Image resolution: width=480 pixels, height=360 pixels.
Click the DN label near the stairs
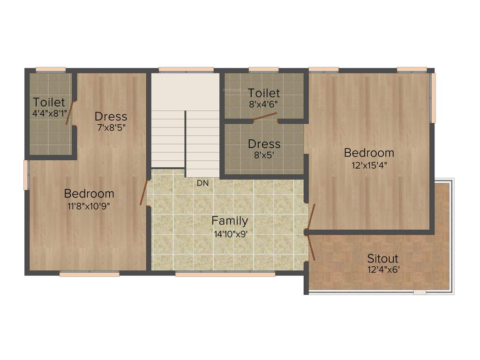click(202, 183)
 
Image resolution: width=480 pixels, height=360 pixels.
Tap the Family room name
click(230, 221)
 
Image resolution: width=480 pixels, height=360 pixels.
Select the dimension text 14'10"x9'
click(230, 234)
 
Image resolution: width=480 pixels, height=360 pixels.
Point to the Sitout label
click(382, 258)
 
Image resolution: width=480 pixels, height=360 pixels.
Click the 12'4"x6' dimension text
click(383, 270)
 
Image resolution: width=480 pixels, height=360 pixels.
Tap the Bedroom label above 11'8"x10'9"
click(89, 193)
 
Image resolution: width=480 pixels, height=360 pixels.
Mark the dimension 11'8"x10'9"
click(89, 205)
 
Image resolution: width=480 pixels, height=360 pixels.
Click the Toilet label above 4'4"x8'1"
click(49, 102)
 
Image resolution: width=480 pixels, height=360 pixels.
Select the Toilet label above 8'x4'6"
click(264, 93)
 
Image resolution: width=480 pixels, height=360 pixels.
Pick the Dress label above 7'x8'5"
click(111, 116)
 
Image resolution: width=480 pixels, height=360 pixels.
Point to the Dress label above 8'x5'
click(264, 144)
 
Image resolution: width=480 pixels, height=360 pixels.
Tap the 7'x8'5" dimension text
click(111, 127)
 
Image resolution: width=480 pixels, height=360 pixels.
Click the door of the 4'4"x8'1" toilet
click(69, 113)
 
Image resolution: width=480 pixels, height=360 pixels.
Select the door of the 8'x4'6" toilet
click(265, 117)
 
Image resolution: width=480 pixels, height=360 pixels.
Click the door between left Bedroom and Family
click(143, 192)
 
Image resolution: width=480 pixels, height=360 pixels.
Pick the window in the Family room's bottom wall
click(225, 274)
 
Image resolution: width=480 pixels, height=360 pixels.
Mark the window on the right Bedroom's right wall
click(433, 97)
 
